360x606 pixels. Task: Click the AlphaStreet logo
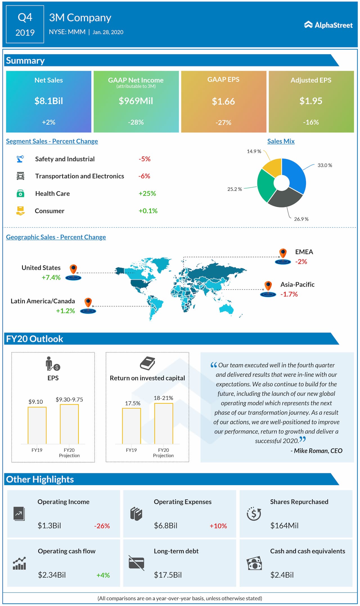coord(328,25)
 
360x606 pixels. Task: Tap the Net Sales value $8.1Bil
coord(49,101)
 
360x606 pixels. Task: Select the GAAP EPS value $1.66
coord(223,101)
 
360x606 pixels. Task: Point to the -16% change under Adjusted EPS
coord(311,122)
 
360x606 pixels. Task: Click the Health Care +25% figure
coord(147,193)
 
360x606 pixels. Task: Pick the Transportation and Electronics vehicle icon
coord(20,176)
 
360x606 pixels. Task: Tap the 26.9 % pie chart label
coord(301,219)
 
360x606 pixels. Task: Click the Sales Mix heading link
coord(281,141)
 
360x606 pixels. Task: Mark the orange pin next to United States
coord(73,269)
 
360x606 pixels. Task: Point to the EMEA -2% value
coord(301,262)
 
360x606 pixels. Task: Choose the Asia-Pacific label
coord(297,284)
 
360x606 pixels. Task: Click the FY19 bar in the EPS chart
coord(37,425)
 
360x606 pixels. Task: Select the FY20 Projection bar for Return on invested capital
coord(163,424)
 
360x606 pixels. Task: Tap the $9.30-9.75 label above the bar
coord(69,399)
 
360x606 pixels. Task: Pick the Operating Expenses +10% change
coord(218,526)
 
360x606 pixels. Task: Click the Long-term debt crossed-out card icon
coord(136,563)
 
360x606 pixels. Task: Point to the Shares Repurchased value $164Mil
coord(284,525)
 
